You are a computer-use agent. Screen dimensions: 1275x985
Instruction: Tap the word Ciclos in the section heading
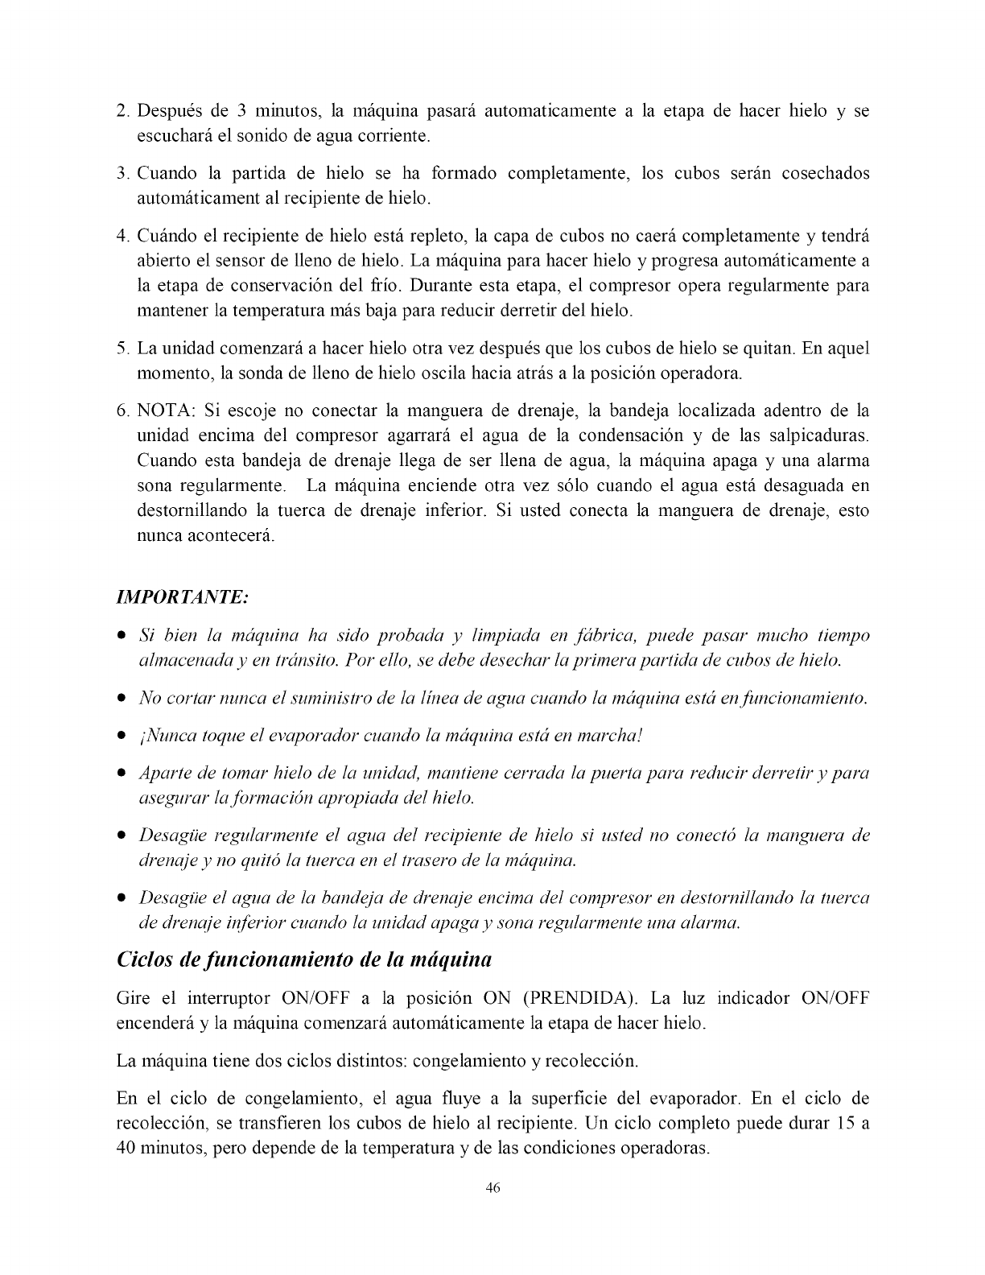click(146, 960)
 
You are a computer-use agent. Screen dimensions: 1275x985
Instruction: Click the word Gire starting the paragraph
click(134, 999)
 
